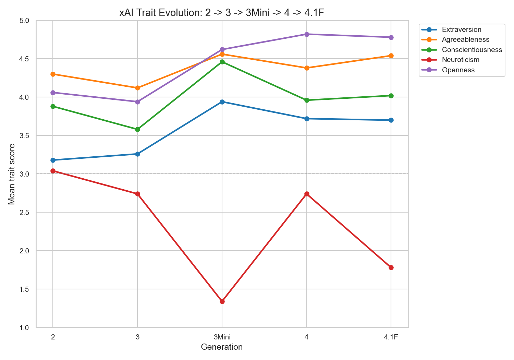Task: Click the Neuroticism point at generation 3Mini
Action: pyautogui.click(x=222, y=301)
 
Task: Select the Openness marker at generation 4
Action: pyautogui.click(x=307, y=34)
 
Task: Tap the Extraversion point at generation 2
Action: pyautogui.click(x=53, y=160)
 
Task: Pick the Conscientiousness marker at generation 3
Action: pyautogui.click(x=137, y=129)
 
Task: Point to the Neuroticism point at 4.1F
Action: pyautogui.click(x=391, y=267)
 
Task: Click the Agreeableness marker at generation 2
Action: pyautogui.click(x=53, y=74)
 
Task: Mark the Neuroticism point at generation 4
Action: pyautogui.click(x=307, y=194)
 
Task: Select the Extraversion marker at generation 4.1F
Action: pyautogui.click(x=391, y=120)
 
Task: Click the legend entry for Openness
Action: pyautogui.click(x=458, y=70)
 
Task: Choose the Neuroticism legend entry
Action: pyautogui.click(x=461, y=60)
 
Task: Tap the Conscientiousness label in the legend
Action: pyautogui.click(x=472, y=50)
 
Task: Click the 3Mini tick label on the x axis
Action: pyautogui.click(x=222, y=337)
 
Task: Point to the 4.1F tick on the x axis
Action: pyautogui.click(x=391, y=337)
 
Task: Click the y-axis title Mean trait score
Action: pyautogui.click(x=12, y=174)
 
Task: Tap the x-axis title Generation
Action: pyautogui.click(x=222, y=347)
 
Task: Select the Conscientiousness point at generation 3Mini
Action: pyautogui.click(x=222, y=62)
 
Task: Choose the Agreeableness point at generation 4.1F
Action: pyautogui.click(x=391, y=56)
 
